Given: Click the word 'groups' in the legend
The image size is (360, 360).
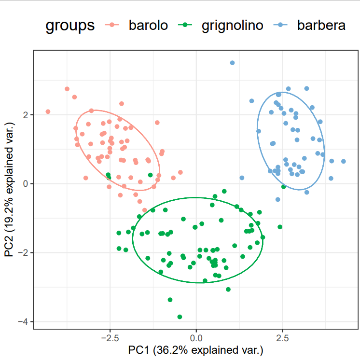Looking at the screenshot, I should (x=70, y=26).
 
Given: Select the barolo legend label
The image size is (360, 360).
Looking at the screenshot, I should (x=148, y=26).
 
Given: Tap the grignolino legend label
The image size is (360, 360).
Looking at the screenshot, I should (x=232, y=26).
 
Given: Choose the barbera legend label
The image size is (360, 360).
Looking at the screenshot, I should (x=321, y=26).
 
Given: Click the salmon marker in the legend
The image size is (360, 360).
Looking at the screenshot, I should (x=112, y=26).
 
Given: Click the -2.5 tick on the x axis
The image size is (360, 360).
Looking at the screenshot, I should (x=110, y=337).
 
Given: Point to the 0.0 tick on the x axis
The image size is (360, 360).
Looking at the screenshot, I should (x=196, y=337).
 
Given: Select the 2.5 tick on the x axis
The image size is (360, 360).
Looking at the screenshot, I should (x=282, y=337).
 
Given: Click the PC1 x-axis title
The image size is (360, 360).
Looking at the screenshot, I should (x=196, y=349).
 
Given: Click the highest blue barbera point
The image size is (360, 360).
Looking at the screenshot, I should (x=232, y=63).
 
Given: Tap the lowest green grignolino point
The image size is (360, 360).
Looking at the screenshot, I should (x=180, y=317).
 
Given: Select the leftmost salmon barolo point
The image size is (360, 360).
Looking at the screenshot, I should (x=48, y=111).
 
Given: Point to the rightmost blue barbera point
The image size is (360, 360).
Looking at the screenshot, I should (x=344, y=162).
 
